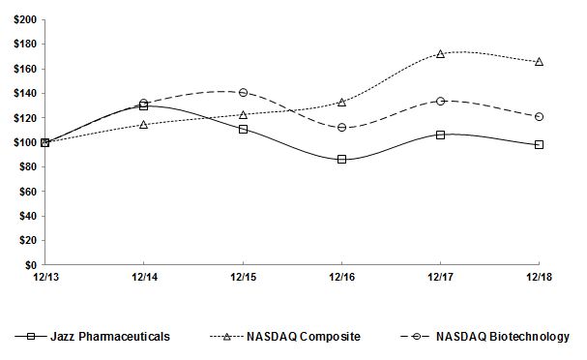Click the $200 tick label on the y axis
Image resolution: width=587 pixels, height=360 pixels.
[x=25, y=19]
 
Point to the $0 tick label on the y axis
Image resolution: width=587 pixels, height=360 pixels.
[x=31, y=264]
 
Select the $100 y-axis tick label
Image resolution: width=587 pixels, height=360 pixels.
[x=25, y=142]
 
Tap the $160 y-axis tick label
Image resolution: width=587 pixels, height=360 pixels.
[x=25, y=69]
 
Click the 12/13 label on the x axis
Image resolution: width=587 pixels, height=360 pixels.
[x=44, y=278]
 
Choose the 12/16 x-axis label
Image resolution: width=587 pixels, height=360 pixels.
[x=341, y=278]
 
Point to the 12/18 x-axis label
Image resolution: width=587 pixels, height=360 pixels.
[x=539, y=278]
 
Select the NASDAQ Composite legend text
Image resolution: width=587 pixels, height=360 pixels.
[x=303, y=336]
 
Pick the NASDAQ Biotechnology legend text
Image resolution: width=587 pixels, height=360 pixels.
[x=502, y=336]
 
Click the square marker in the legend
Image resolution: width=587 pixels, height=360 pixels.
[x=35, y=336]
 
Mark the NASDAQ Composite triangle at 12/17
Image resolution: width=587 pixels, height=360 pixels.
[x=440, y=54]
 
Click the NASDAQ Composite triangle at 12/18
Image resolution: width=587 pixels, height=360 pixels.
[x=539, y=61]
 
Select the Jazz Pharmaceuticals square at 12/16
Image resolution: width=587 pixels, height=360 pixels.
[x=341, y=159]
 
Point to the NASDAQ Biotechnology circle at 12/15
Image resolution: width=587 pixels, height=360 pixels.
[x=243, y=93]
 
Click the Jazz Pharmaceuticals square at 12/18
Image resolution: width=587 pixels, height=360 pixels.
[x=539, y=144]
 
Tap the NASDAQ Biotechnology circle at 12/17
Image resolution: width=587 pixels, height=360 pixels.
[x=440, y=101]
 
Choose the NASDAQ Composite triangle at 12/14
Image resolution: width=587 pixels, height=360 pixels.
[x=144, y=124]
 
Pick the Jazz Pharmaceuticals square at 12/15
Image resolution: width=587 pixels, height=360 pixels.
[x=243, y=129]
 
